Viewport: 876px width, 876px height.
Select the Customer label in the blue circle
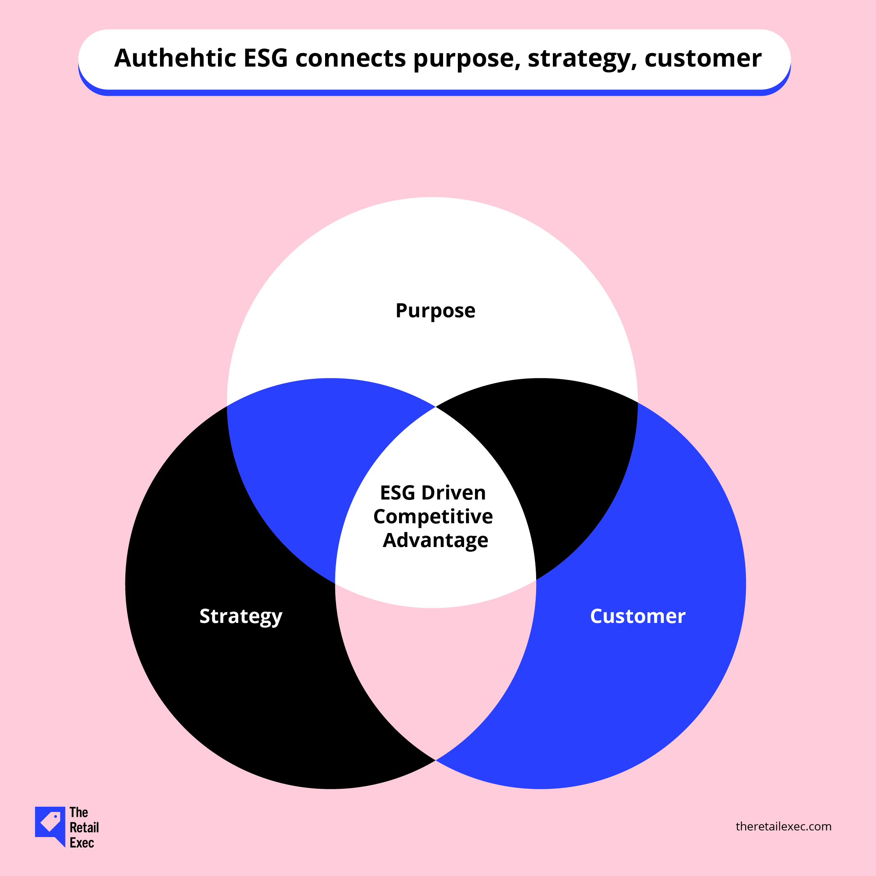coord(637,616)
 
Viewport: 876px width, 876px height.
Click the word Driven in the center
coord(454,493)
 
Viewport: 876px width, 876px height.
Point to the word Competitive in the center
coord(433,516)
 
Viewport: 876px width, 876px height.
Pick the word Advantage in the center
coord(435,540)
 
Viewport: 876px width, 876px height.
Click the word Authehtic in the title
coord(175,58)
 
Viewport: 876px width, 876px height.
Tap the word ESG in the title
coord(266,58)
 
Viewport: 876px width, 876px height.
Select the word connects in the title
coord(350,59)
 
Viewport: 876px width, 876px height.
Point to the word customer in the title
coord(703,59)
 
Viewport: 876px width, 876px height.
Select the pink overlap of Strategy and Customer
coord(435,671)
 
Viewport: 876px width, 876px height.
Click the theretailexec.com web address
coord(783,827)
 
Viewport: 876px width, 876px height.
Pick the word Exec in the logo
coord(82,843)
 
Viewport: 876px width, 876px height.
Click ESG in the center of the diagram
coord(398,493)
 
